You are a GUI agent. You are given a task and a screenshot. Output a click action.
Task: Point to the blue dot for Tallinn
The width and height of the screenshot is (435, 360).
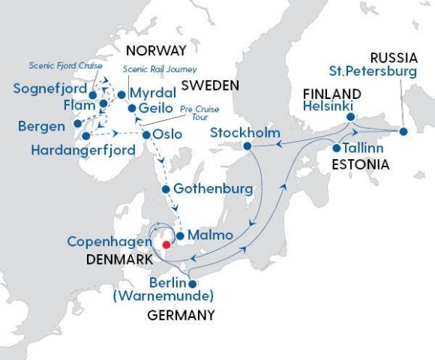(337, 148)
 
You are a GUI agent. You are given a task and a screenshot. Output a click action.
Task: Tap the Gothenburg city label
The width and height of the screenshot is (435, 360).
(212, 188)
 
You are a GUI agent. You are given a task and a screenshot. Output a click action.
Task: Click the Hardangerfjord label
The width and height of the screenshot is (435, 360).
(83, 150)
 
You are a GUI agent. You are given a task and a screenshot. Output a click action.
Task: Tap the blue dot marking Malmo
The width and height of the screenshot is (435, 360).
(180, 235)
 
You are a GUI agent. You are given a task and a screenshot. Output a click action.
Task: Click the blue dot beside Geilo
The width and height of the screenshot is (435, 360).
(131, 108)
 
